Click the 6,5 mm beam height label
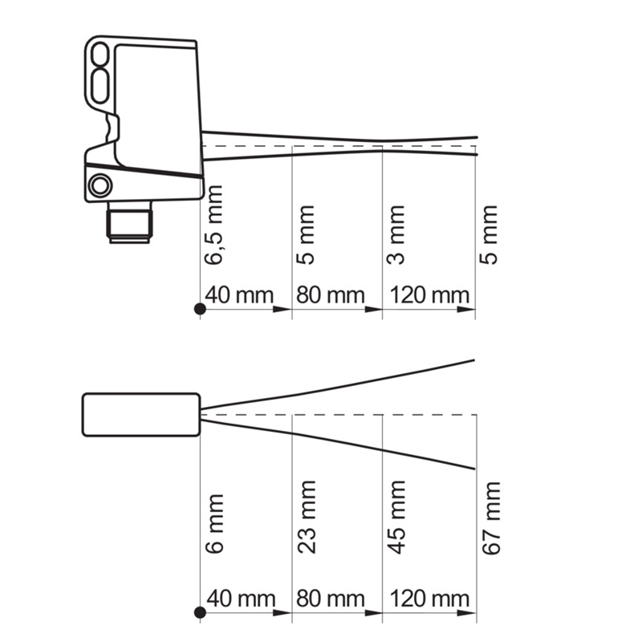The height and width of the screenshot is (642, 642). point(213,226)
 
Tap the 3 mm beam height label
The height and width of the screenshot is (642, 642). point(396,235)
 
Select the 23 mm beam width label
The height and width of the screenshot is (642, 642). point(307,518)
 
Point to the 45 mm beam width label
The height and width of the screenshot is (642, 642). point(396,518)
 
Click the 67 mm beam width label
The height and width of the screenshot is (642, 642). point(491,518)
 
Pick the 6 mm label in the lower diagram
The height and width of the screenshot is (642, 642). point(214,524)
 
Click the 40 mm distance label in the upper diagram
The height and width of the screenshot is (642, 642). point(239,295)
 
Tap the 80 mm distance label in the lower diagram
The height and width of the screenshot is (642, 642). point(331,599)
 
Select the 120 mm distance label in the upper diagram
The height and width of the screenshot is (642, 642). point(429,295)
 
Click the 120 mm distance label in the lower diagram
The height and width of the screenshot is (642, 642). point(429,599)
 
